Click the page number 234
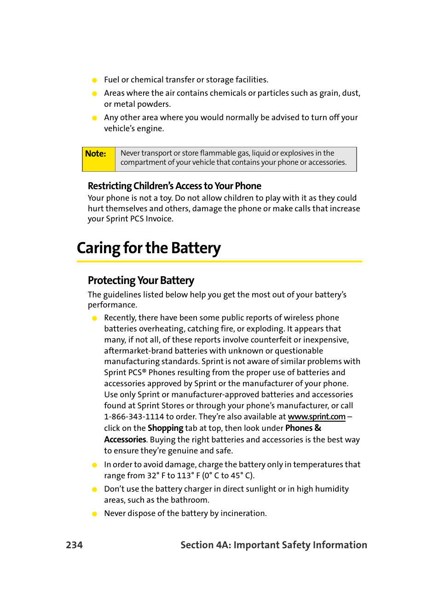pyautogui.click(x=74, y=545)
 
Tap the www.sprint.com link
pyautogui.click(x=317, y=417)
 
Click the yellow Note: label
pyautogui.click(x=96, y=154)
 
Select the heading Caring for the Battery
pyautogui.click(x=149, y=248)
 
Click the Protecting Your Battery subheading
pyautogui.click(x=141, y=280)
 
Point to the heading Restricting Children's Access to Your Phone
pyautogui.click(x=174, y=186)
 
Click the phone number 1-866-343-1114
pyautogui.click(x=134, y=417)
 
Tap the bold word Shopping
pyautogui.click(x=165, y=428)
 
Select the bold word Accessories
pyautogui.click(x=125, y=440)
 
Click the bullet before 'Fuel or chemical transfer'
pyautogui.click(x=94, y=80)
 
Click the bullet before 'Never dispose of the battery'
pyautogui.click(x=94, y=514)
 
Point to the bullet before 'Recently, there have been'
pyautogui.click(x=94, y=318)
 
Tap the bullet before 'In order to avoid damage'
pyautogui.click(x=94, y=465)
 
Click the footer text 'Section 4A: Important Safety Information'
pyautogui.click(x=274, y=545)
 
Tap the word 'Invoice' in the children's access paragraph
pyautogui.click(x=159, y=219)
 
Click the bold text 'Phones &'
pyautogui.click(x=303, y=428)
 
